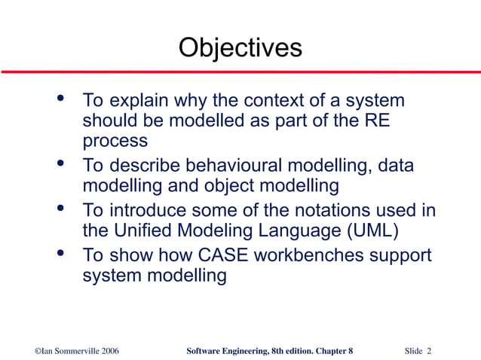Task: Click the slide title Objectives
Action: click(x=240, y=48)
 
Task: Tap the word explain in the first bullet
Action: click(x=138, y=101)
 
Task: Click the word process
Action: click(x=115, y=141)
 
